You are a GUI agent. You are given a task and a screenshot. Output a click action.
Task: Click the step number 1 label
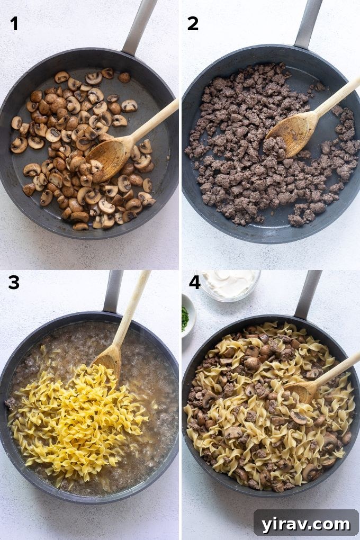(x=14, y=23)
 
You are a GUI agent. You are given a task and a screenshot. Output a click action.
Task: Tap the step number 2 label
(x=193, y=23)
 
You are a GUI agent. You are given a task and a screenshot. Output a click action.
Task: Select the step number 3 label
(x=14, y=283)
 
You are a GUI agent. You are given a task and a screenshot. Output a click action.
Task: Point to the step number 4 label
(x=194, y=283)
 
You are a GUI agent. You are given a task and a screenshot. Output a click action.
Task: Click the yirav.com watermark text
(x=306, y=524)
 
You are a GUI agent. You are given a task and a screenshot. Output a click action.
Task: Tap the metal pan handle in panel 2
(x=309, y=24)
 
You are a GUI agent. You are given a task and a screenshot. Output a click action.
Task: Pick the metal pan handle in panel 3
(x=113, y=291)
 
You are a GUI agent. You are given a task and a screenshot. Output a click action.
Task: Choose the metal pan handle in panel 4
(x=308, y=294)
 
